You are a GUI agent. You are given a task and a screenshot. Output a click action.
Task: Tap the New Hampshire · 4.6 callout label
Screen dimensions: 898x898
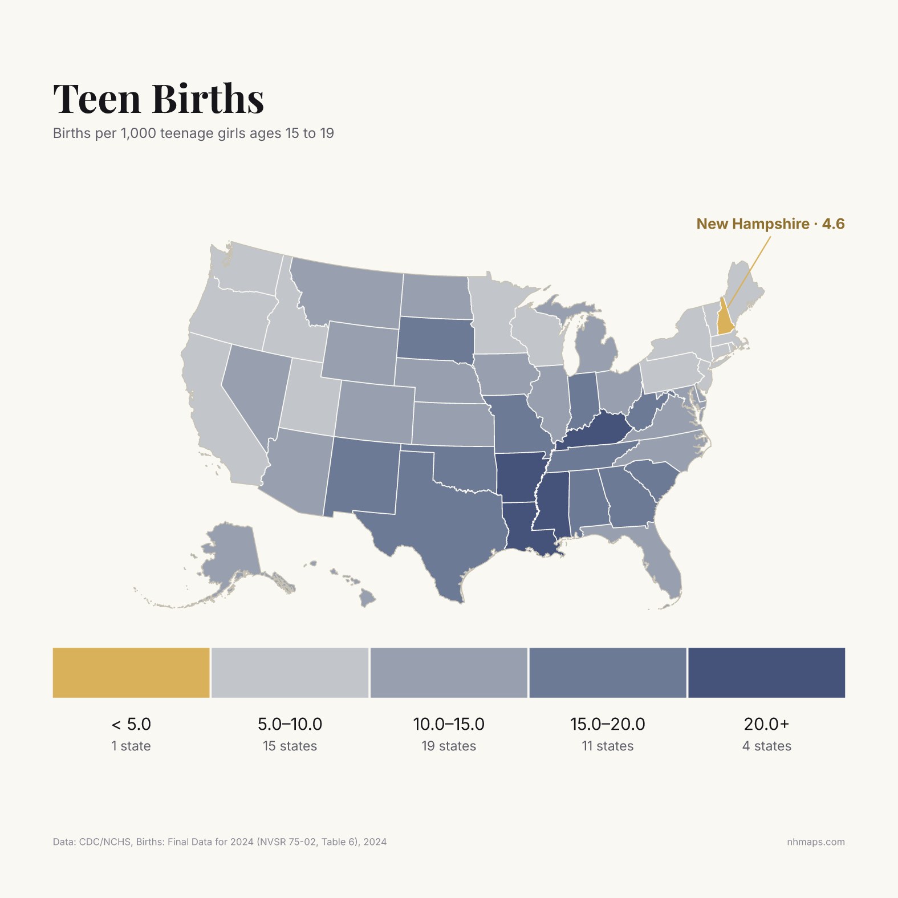click(770, 224)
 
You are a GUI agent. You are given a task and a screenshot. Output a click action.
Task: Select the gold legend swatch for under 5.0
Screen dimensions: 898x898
click(131, 672)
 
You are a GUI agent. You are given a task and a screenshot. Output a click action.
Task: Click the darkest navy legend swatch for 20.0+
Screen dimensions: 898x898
click(767, 672)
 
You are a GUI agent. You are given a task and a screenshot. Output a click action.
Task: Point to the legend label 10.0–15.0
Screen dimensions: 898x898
click(449, 724)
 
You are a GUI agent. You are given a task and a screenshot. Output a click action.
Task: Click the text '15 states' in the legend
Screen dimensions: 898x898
click(290, 746)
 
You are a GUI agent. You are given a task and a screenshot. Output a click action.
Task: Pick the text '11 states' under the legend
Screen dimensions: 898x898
click(608, 746)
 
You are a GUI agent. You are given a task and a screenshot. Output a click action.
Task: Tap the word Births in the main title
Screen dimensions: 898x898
click(208, 98)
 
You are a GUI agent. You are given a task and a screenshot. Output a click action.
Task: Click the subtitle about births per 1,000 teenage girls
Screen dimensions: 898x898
click(193, 133)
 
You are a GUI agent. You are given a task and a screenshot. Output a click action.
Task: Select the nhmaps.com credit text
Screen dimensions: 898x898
click(816, 842)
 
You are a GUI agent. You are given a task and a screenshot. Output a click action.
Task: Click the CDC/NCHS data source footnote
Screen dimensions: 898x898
click(220, 842)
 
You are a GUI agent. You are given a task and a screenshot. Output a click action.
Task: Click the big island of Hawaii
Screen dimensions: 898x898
click(368, 598)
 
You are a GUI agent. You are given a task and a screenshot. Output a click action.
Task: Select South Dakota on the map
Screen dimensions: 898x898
click(435, 339)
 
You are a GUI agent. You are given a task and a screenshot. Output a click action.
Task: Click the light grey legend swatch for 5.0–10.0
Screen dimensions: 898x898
click(290, 672)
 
